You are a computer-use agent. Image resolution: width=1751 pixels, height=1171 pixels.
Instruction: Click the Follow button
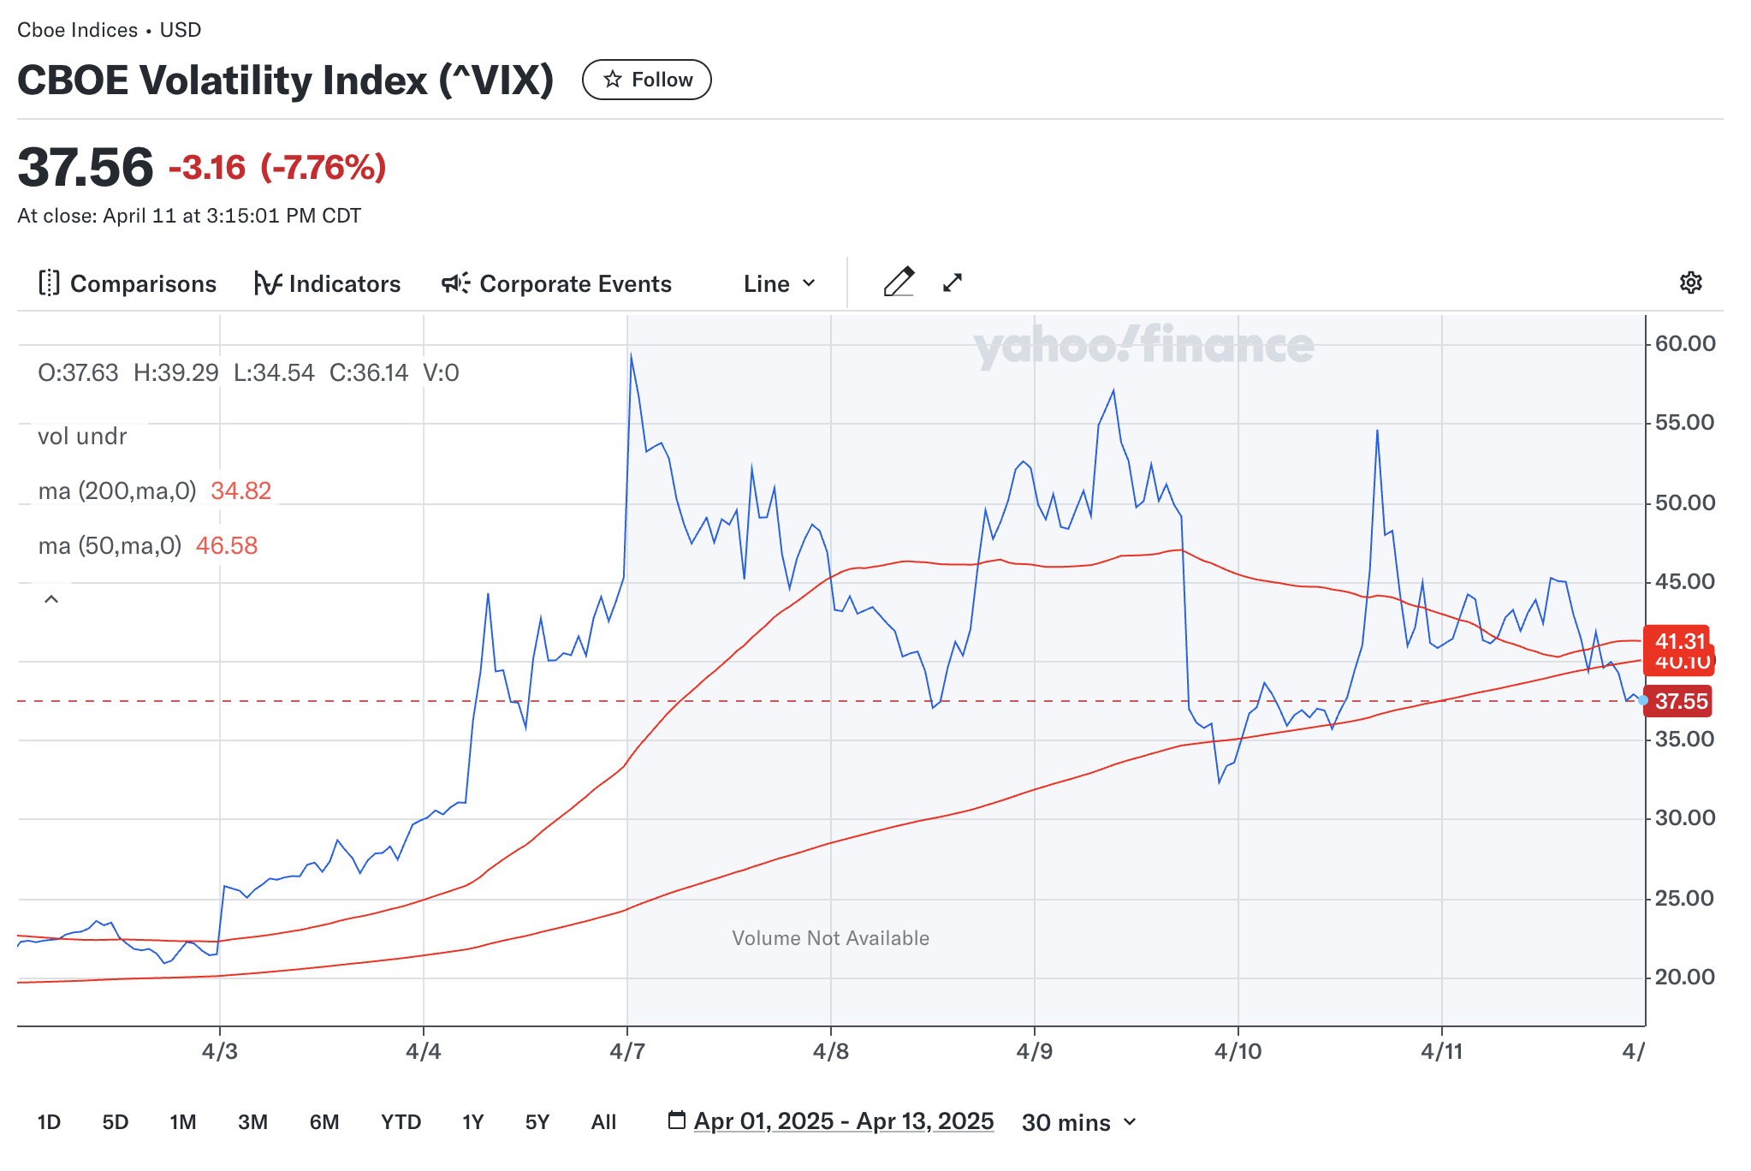point(646,80)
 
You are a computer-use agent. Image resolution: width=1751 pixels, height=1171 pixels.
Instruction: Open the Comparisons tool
point(128,283)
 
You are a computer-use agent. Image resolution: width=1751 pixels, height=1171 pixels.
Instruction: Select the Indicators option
point(327,283)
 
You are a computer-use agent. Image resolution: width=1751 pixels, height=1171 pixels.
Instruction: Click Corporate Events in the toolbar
point(556,283)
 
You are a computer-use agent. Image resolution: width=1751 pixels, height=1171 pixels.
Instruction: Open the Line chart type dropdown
point(780,283)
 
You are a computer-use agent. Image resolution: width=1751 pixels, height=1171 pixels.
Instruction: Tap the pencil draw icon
point(899,282)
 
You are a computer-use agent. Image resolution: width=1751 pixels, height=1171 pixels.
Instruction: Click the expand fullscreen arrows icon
point(953,282)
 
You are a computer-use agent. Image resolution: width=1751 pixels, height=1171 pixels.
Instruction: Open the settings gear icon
point(1690,282)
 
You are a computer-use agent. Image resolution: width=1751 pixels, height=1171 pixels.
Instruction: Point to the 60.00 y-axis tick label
point(1684,343)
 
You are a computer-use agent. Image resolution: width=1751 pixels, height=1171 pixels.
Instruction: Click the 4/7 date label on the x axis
point(627,1051)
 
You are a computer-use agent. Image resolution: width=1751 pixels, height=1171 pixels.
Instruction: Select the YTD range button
point(401,1122)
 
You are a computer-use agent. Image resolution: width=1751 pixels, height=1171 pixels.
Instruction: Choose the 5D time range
point(115,1122)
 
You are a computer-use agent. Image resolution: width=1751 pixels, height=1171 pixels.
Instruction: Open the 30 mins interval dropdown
point(1078,1122)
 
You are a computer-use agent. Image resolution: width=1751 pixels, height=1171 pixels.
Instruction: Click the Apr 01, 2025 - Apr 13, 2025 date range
point(843,1121)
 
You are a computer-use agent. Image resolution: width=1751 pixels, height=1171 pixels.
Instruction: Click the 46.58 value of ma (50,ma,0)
point(227,545)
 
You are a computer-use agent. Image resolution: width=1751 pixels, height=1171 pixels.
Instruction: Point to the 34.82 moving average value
point(240,490)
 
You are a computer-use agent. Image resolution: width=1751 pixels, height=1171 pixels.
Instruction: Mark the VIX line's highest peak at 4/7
point(631,354)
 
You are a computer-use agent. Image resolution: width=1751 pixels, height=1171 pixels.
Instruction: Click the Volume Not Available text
point(830,938)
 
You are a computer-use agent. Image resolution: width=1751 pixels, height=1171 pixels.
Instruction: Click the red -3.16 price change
point(207,168)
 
